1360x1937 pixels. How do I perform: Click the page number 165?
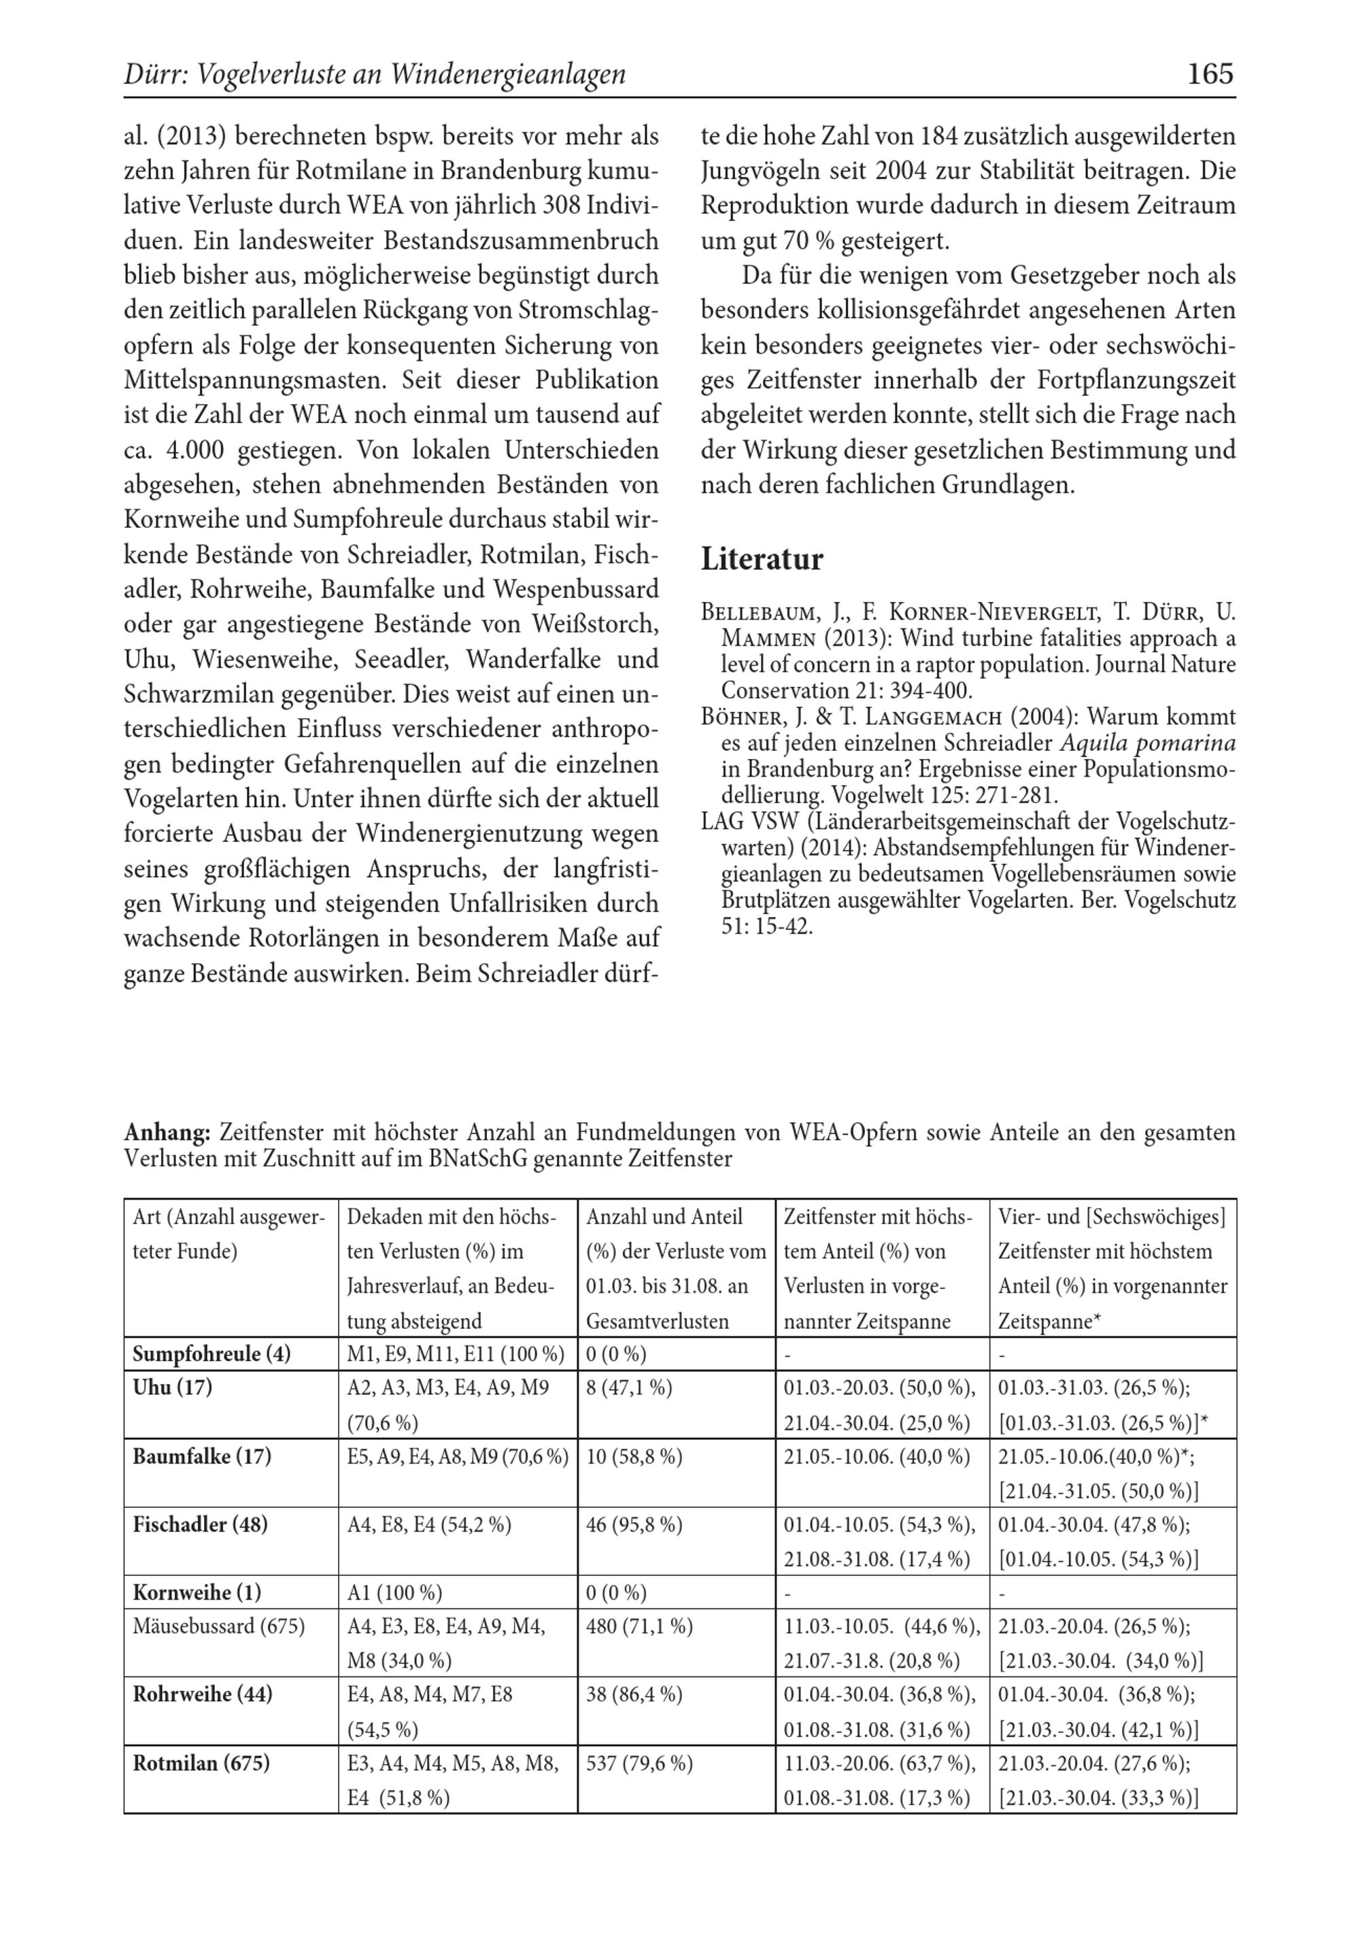pyautogui.click(x=1210, y=74)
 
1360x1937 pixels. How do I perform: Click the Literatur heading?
pyautogui.click(x=762, y=559)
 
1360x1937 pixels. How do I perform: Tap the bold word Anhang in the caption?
pyautogui.click(x=166, y=1132)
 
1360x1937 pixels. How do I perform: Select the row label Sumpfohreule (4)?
pyautogui.click(x=211, y=1354)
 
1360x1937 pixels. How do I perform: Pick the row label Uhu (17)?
pyautogui.click(x=172, y=1387)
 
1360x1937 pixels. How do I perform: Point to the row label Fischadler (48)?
pyautogui.click(x=200, y=1524)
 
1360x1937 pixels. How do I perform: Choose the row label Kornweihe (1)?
pyautogui.click(x=197, y=1592)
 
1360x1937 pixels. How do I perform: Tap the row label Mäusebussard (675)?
pyautogui.click(x=218, y=1626)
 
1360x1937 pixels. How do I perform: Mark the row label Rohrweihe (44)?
pyautogui.click(x=202, y=1694)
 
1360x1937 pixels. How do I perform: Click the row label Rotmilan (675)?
pyautogui.click(x=201, y=1762)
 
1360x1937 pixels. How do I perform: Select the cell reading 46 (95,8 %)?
pyautogui.click(x=634, y=1524)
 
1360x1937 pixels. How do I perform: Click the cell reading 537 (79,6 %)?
pyautogui.click(x=639, y=1762)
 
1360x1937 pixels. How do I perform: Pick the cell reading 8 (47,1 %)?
pyautogui.click(x=628, y=1387)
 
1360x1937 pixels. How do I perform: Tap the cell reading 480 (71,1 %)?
pyautogui.click(x=639, y=1626)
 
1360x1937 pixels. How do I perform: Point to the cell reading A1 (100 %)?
pyautogui.click(x=394, y=1592)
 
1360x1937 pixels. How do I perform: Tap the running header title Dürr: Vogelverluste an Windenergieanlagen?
pyautogui.click(x=375, y=75)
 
